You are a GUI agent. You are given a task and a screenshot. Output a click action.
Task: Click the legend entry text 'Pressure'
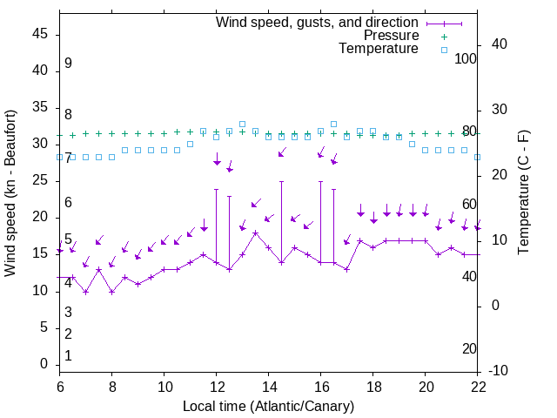pos(391,36)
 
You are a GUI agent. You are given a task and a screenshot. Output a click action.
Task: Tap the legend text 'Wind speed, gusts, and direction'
pos(318,22)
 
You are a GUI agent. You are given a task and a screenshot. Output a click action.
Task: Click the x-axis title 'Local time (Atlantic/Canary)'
pos(269,406)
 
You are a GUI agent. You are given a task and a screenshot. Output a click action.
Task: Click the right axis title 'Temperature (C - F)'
pos(523,193)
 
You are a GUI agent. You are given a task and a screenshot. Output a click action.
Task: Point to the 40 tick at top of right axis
pos(499,44)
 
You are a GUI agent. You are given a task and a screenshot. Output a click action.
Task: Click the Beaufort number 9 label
pos(68,64)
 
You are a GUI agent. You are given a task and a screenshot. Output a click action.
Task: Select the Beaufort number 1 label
pos(68,356)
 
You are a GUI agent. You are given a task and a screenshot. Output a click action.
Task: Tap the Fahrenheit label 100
pos(466,58)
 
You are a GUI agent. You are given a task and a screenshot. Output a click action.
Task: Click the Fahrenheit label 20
pos(470,349)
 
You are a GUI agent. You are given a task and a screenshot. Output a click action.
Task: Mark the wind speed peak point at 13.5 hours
pos(256,233)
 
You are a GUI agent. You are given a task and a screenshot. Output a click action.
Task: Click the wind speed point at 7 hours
pos(85,292)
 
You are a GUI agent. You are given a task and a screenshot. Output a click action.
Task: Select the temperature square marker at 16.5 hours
pos(334,124)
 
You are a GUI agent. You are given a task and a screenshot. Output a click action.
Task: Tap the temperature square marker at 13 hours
pos(242,124)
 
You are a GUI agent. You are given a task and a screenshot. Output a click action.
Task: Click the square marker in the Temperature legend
pos(444,50)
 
